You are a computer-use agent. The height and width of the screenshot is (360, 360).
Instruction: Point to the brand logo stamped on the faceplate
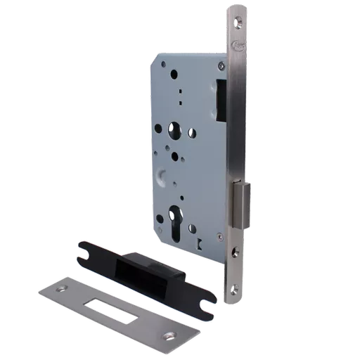click(234, 50)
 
